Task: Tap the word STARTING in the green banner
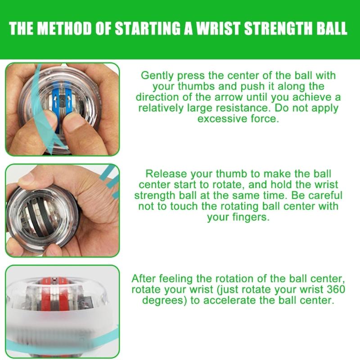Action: pos(148,28)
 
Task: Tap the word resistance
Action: pos(245,108)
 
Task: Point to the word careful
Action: pos(325,195)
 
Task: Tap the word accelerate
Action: pos(234,300)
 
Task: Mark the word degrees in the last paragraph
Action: pos(165,301)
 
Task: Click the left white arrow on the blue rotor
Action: pos(55,100)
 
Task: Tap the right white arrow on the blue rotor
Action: pos(69,100)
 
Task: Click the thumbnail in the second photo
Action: pos(27,178)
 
